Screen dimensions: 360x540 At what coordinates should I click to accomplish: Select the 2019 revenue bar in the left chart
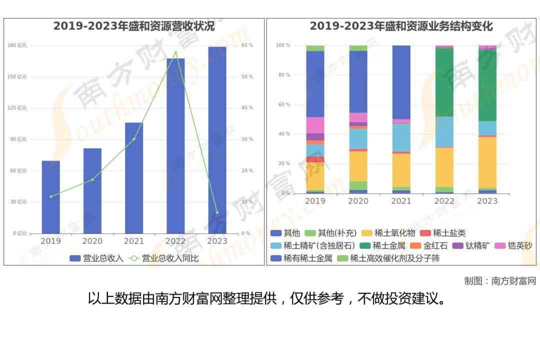click(50, 197)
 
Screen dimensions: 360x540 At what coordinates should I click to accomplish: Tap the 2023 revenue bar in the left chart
click(217, 140)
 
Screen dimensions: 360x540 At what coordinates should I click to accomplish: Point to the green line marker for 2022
click(175, 52)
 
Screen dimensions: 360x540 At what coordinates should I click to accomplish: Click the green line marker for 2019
click(50, 196)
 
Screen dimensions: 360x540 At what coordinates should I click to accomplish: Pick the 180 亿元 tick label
click(17, 45)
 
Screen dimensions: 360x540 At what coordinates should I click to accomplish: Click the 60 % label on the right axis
click(247, 45)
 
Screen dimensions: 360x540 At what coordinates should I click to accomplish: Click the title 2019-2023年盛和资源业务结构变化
click(401, 26)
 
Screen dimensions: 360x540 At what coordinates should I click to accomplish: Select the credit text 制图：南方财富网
click(499, 281)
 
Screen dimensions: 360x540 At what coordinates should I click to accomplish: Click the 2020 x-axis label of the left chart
click(92, 241)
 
